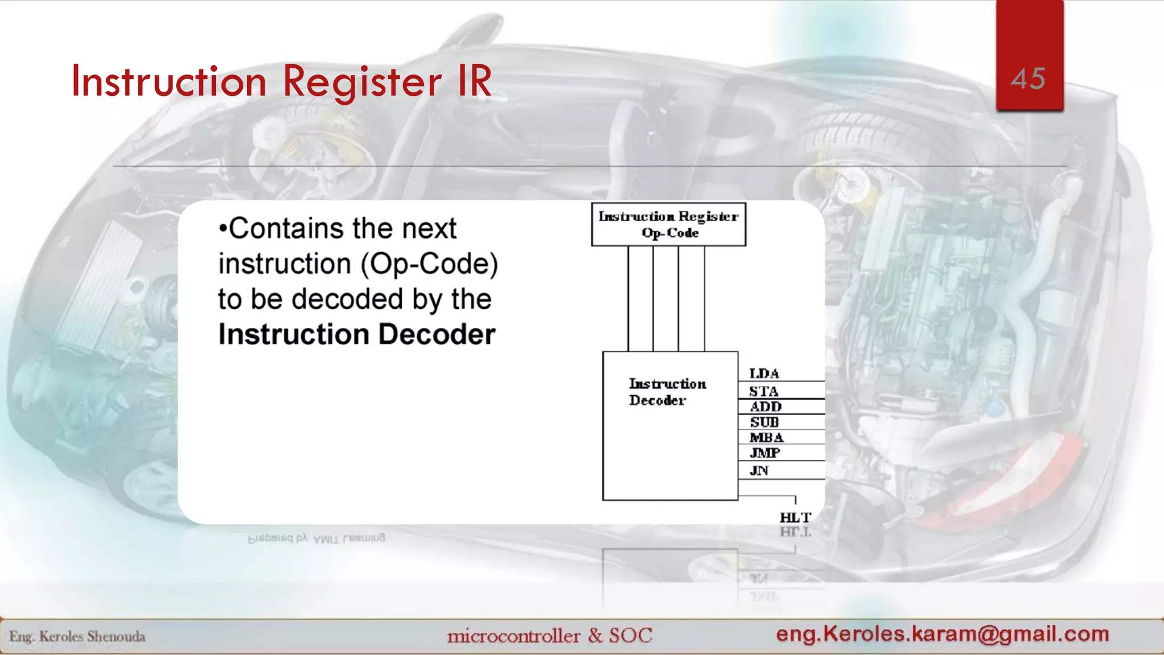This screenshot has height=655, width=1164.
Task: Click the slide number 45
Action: coord(1028,78)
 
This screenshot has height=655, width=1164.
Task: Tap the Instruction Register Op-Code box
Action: coord(668,225)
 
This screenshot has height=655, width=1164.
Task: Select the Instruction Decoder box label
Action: coord(667,392)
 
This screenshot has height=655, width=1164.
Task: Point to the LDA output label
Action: coord(764,374)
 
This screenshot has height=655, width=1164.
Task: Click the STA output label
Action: coord(763,391)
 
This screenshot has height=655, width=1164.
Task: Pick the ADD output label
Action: coord(766,407)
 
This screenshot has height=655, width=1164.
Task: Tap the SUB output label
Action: coord(764,422)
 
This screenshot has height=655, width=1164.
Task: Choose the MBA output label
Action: coord(766,437)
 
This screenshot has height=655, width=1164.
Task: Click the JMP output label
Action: coord(764,453)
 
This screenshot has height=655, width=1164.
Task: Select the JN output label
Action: coord(759,470)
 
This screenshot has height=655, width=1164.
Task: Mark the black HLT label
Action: coord(795,517)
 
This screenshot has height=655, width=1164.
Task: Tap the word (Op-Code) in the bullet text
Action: coord(429,264)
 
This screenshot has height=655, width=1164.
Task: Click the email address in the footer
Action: coord(942,633)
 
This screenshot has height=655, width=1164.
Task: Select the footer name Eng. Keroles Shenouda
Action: coord(77,636)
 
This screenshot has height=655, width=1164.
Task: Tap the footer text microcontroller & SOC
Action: coord(550,635)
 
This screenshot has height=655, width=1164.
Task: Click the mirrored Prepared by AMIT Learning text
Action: coord(317,537)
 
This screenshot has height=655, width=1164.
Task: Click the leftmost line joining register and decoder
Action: coord(628,299)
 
